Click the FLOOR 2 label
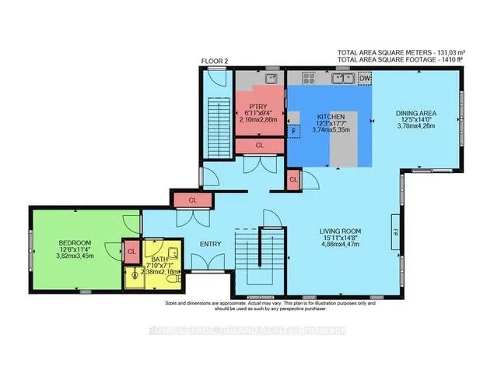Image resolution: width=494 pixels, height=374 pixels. pyautogui.click(x=213, y=60)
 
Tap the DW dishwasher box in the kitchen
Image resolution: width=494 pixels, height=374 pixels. pyautogui.click(x=365, y=78)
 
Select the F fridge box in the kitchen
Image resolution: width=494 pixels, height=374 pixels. pyautogui.click(x=293, y=131)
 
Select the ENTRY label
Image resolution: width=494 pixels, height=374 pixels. pyautogui.click(x=210, y=244)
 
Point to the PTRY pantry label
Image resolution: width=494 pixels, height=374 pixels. pyautogui.click(x=259, y=106)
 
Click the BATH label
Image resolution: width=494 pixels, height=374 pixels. pyautogui.click(x=159, y=259)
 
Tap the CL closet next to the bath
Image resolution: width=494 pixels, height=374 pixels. pyautogui.click(x=131, y=251)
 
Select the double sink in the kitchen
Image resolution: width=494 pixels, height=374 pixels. pyautogui.click(x=342, y=78)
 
